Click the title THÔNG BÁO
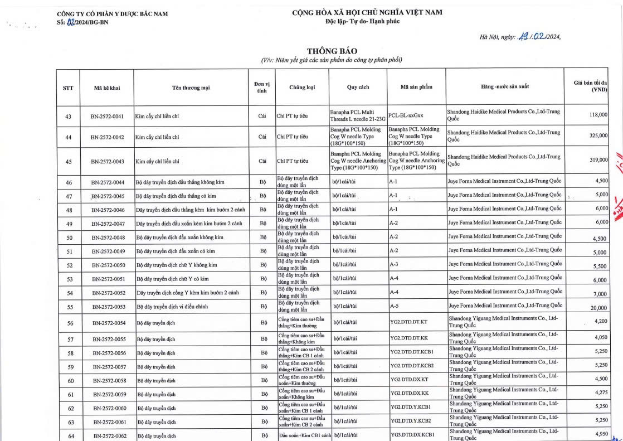pos(332,51)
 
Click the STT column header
pos(68,88)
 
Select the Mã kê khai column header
pos(107,88)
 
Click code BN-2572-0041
pos(107,117)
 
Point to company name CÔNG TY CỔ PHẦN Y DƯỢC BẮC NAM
pos(112,13)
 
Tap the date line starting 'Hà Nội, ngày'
pos(519,37)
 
